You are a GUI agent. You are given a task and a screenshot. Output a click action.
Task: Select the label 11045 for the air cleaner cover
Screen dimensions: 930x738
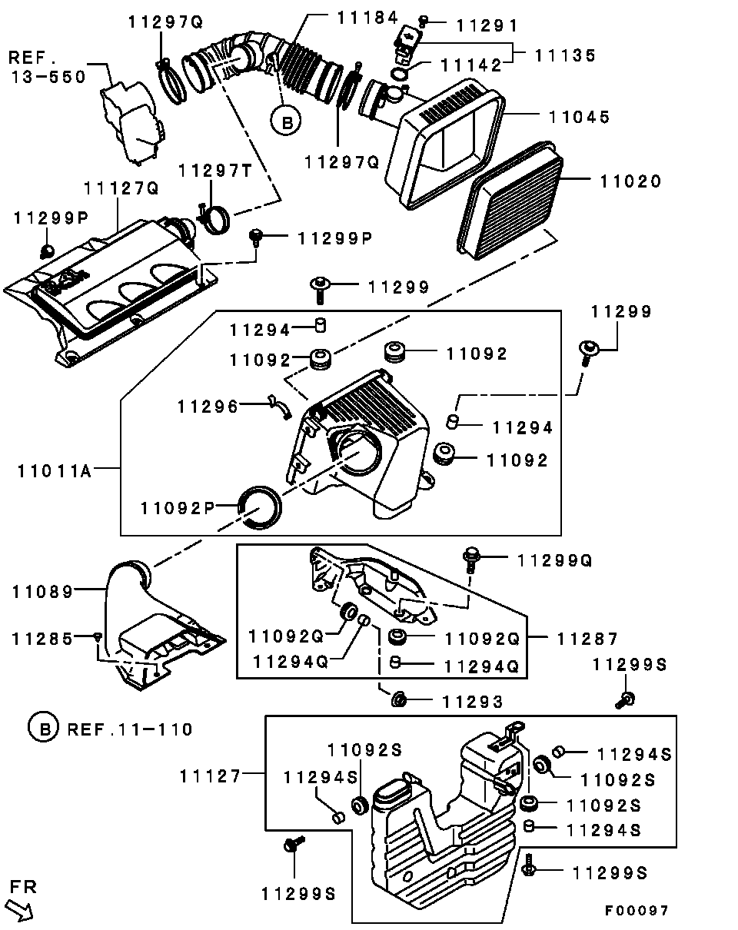click(x=579, y=117)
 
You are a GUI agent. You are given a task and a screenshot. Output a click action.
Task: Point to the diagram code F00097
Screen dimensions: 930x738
click(x=636, y=911)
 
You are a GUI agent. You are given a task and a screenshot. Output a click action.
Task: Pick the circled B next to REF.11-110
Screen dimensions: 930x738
click(x=43, y=728)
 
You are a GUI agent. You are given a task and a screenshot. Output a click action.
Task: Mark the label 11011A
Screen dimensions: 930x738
click(x=54, y=470)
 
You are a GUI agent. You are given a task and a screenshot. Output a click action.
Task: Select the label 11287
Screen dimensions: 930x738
click(x=588, y=638)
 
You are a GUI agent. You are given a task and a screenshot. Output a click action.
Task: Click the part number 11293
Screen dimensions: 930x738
click(x=471, y=701)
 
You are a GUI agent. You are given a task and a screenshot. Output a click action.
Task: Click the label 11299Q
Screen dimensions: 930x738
click(x=554, y=560)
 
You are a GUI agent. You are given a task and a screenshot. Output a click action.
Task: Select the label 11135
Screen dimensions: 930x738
click(x=566, y=55)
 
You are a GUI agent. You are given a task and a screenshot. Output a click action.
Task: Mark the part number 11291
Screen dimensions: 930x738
click(x=487, y=25)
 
